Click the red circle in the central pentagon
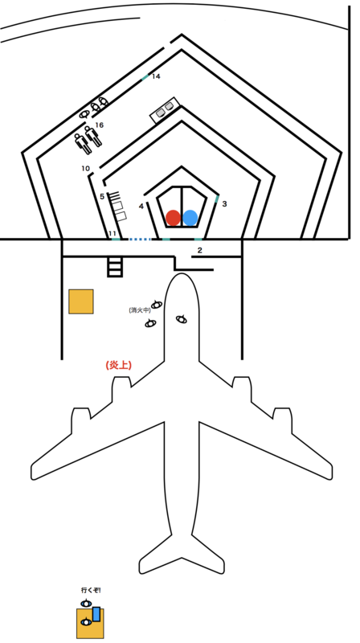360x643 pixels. (173, 218)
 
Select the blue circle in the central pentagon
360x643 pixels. (190, 218)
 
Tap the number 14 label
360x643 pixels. (156, 76)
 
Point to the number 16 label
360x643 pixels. (99, 125)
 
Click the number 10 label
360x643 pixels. (85, 168)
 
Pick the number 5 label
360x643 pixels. (102, 196)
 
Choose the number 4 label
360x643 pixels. (141, 207)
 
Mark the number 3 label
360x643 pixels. (224, 203)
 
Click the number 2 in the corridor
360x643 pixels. (199, 250)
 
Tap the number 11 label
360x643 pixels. (112, 234)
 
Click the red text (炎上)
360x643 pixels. (118, 365)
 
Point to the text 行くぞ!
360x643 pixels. (91, 591)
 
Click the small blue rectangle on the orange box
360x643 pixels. (96, 614)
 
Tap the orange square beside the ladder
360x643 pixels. (81, 301)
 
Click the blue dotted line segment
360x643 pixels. (139, 239)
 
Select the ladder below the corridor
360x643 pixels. (115, 267)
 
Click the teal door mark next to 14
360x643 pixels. (145, 77)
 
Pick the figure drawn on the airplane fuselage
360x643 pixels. (182, 318)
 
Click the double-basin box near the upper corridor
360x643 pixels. (165, 109)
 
